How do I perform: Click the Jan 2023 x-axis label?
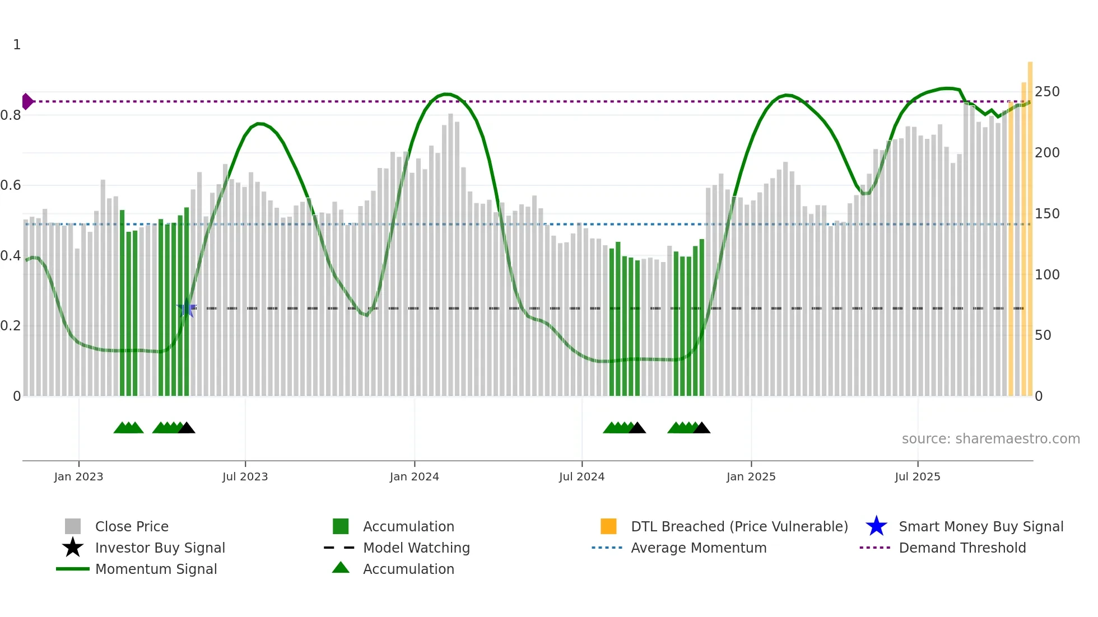(x=78, y=476)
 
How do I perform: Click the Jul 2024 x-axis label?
(x=581, y=476)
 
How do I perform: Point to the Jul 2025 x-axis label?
(x=917, y=476)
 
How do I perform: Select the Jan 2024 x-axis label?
(x=414, y=476)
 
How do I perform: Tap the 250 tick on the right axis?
(x=1047, y=92)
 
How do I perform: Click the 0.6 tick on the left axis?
(x=11, y=185)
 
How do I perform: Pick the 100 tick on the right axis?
(x=1047, y=275)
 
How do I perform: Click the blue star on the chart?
(x=186, y=308)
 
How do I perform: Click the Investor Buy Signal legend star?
(x=73, y=548)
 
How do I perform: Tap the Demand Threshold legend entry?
(x=962, y=548)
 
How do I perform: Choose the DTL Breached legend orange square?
(x=608, y=526)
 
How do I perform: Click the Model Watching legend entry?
(x=416, y=548)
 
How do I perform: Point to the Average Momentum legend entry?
(x=698, y=548)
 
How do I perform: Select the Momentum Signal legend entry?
(x=155, y=569)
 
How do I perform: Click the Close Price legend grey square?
(x=73, y=526)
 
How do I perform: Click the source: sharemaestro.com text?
(x=990, y=439)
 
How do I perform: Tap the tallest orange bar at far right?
(x=1030, y=224)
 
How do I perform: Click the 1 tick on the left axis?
(x=17, y=45)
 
